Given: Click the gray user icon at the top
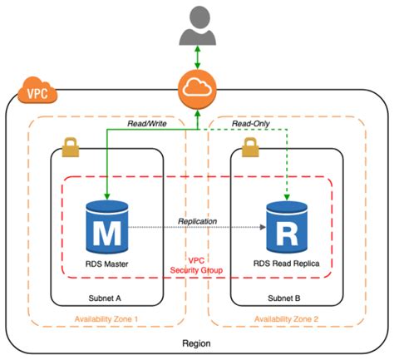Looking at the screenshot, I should [x=196, y=26].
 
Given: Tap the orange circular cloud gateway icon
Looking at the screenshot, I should [x=196, y=91].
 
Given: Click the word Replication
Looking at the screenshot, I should [x=198, y=221].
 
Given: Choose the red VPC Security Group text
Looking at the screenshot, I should [x=197, y=265].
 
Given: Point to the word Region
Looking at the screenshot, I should [x=197, y=343].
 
